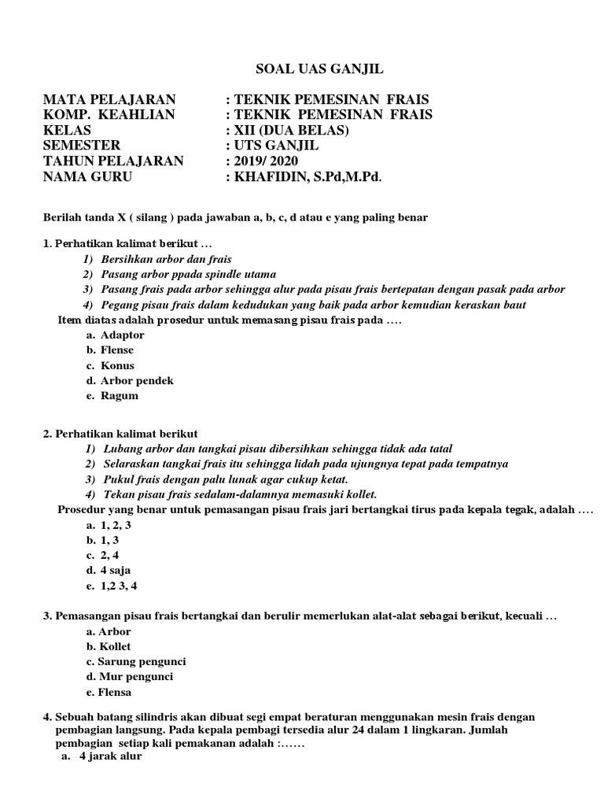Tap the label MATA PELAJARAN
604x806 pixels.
click(109, 99)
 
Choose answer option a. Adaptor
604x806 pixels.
click(116, 335)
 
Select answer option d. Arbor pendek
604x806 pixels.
click(130, 380)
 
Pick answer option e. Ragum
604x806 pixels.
click(112, 396)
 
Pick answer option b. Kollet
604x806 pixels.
click(109, 646)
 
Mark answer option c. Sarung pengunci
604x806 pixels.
click(136, 661)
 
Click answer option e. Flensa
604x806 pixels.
click(109, 692)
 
